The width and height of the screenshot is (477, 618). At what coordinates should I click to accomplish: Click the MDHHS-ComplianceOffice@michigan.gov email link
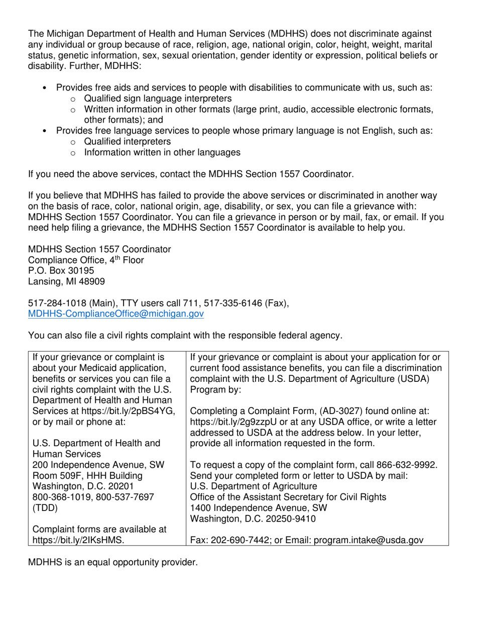[x=116, y=314]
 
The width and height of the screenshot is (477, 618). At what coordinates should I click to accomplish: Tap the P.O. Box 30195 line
[x=61, y=271]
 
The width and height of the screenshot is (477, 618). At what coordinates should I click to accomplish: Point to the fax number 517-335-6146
[x=238, y=303]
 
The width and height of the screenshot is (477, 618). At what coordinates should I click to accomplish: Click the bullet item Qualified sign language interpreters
[x=158, y=98]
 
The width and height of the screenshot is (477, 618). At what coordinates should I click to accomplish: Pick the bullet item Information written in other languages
[x=162, y=152]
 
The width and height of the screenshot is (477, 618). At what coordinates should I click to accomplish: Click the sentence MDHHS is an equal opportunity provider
[x=113, y=562]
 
